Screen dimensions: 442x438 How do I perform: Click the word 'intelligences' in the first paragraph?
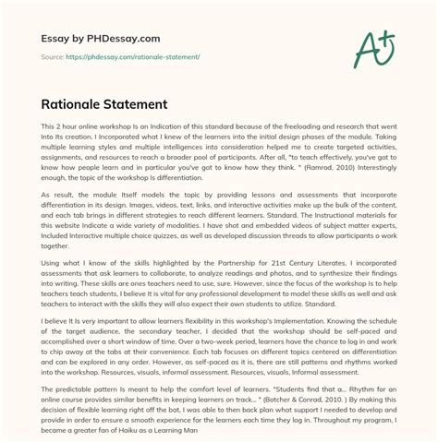click(200, 147)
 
